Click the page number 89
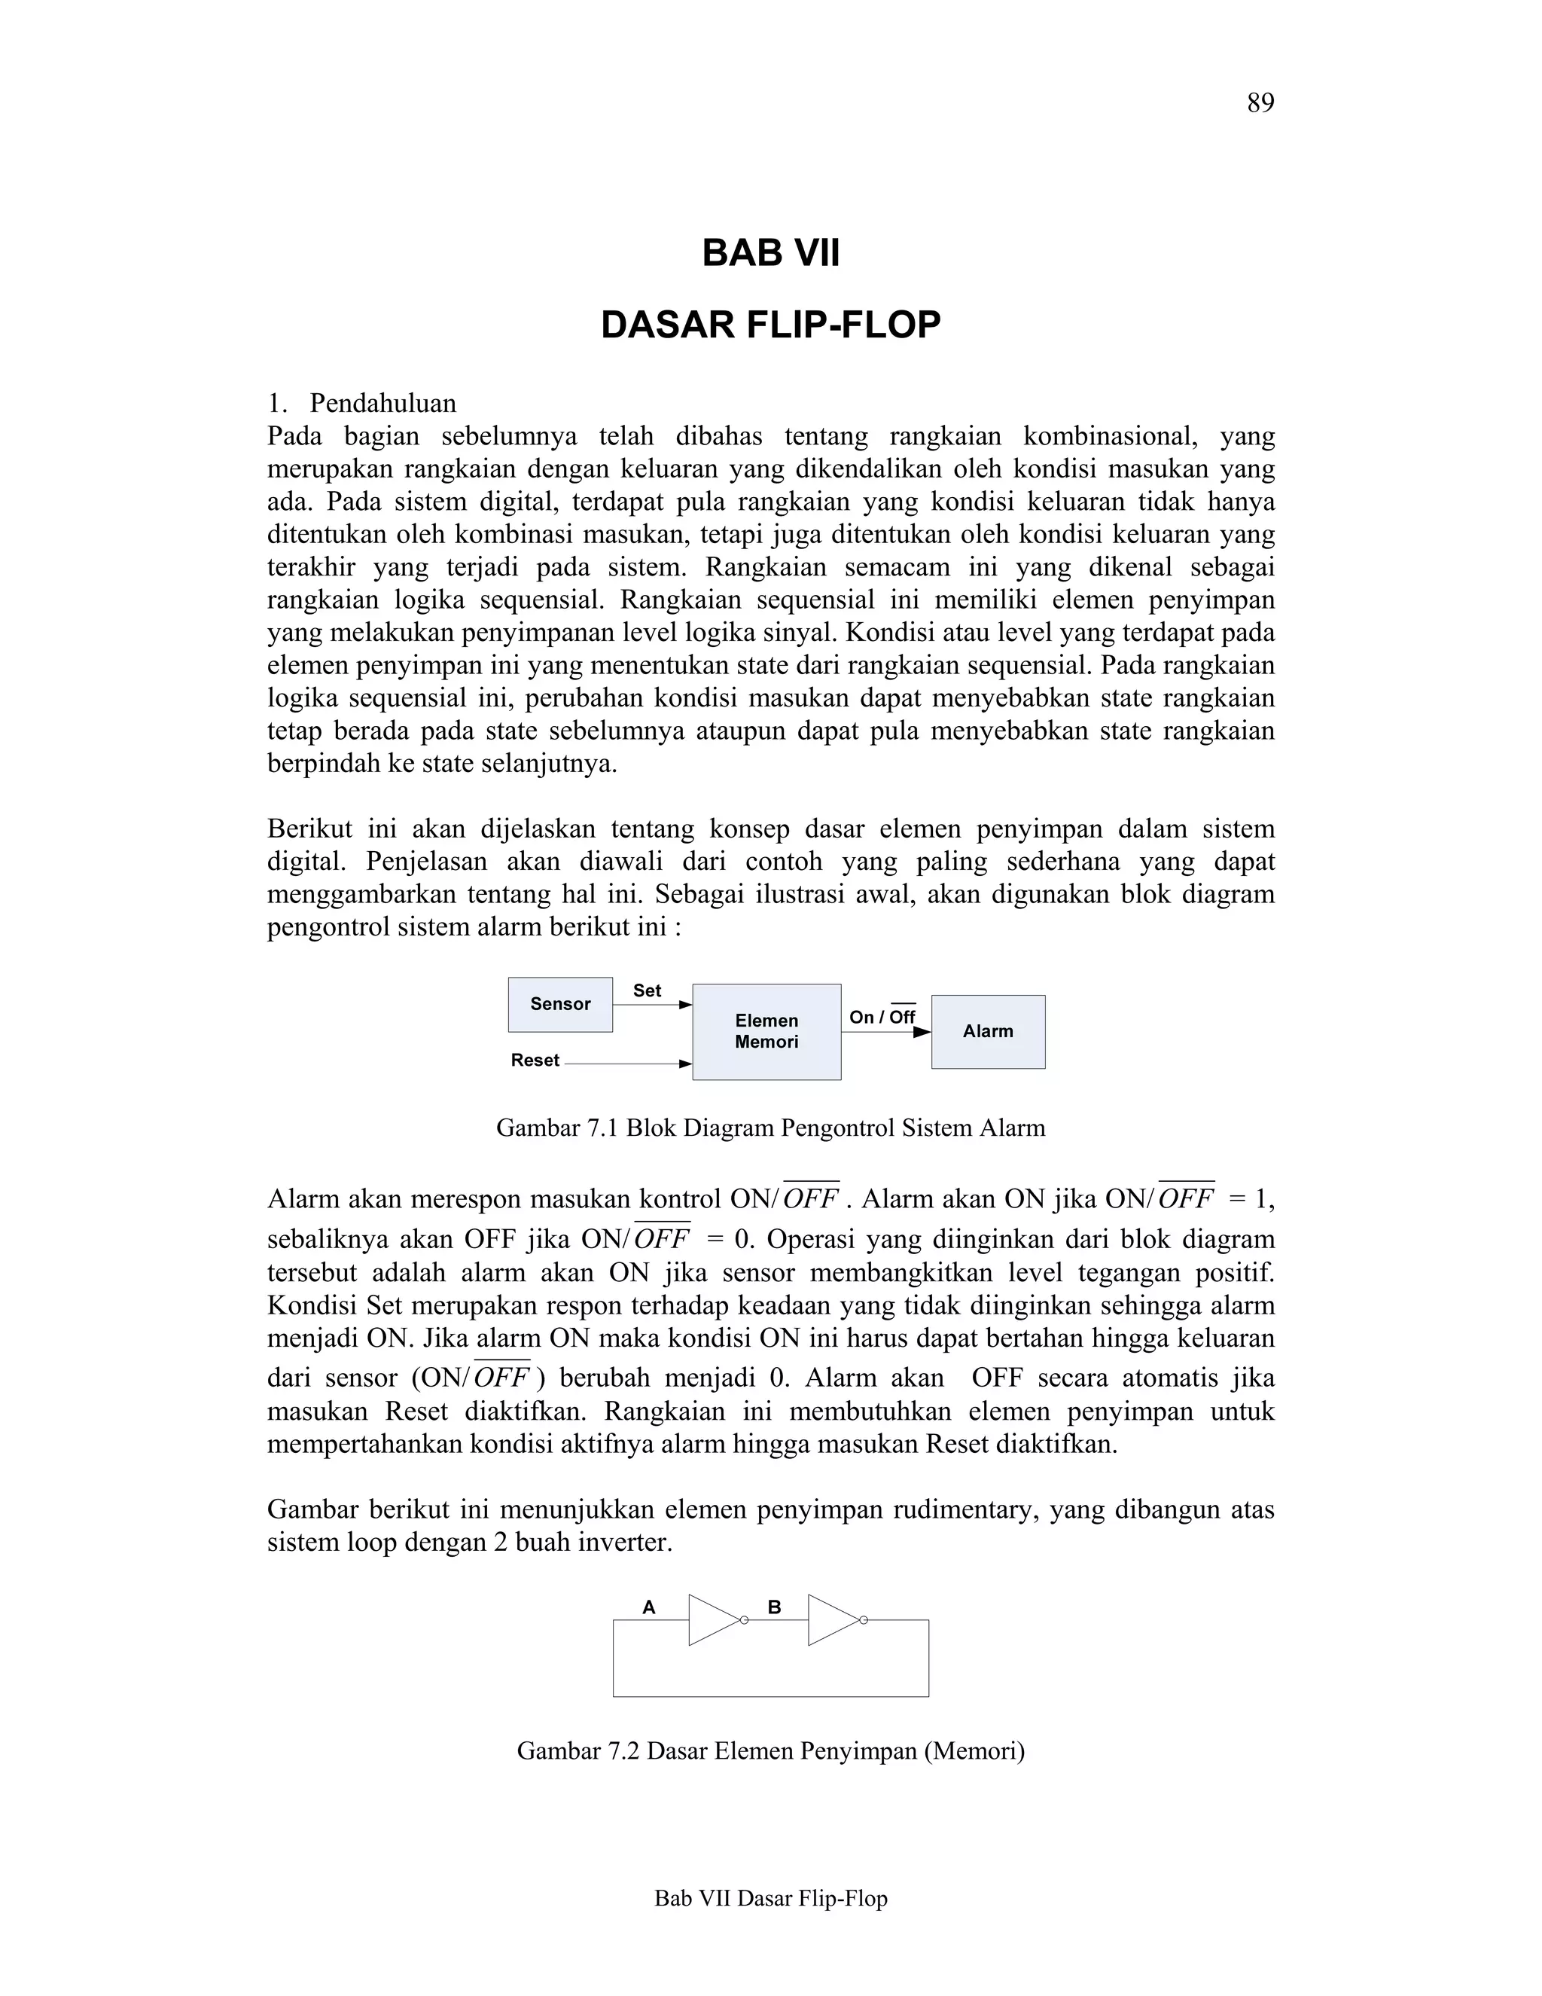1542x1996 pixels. [1260, 104]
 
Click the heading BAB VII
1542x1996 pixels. [770, 253]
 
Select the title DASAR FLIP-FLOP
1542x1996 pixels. [770, 325]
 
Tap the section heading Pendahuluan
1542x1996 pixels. [382, 403]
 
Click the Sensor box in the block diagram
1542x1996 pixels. [560, 1004]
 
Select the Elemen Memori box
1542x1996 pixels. [766, 1032]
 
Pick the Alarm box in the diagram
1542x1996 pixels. [988, 1032]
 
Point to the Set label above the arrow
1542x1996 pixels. [647, 990]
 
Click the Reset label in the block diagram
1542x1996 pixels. [535, 1061]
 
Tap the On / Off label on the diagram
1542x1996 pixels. [882, 1017]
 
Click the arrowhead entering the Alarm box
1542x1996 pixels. [922, 1032]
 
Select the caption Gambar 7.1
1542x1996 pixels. [770, 1128]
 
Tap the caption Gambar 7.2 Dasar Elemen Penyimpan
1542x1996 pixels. [770, 1751]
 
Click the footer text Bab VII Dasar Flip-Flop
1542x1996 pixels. [770, 1899]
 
